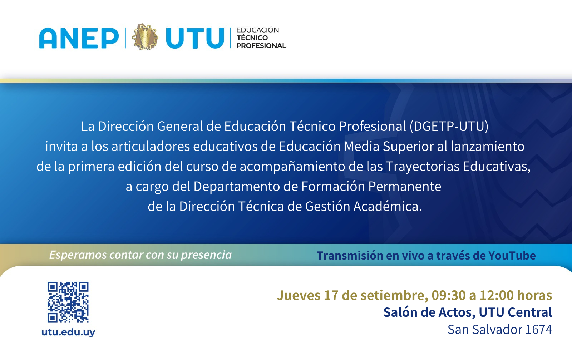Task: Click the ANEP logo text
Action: coord(79,38)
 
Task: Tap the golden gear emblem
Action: coord(145,37)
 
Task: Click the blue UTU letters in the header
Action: coord(195,38)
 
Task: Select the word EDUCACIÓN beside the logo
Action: coord(257,30)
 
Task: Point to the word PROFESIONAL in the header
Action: coord(261,46)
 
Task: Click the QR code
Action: coord(68,302)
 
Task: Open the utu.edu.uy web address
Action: coord(68,332)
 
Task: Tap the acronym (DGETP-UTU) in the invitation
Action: coord(449,127)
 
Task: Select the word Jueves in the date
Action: coord(299,295)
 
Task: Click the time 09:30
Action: coord(449,295)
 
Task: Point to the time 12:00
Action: coord(497,295)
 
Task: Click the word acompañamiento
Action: coord(292,167)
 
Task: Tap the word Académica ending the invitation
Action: coord(388,206)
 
